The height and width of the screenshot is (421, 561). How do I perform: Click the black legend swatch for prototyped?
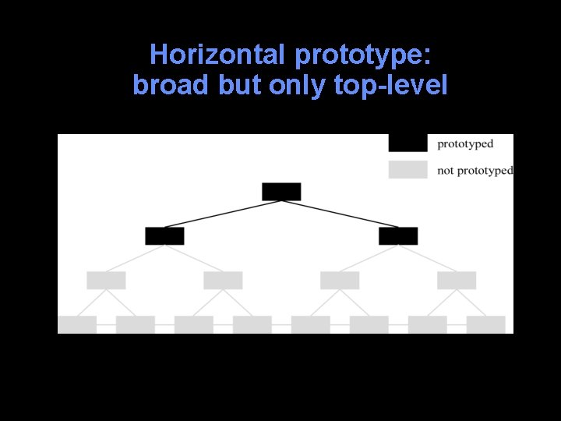click(408, 143)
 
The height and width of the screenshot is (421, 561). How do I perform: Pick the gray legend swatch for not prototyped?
click(408, 169)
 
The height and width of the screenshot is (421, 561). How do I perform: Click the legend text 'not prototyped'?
click(475, 170)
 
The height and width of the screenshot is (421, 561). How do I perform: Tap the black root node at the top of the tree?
click(281, 191)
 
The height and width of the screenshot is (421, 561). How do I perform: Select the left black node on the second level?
click(164, 235)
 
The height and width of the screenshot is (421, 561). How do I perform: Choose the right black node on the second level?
click(398, 235)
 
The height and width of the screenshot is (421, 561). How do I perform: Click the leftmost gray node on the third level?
click(106, 280)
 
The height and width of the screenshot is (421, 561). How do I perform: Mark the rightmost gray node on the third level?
click(457, 280)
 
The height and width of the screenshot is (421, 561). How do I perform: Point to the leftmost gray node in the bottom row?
click(77, 324)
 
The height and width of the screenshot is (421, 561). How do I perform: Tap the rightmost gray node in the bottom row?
click(485, 324)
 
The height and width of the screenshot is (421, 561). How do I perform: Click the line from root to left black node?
click(222, 214)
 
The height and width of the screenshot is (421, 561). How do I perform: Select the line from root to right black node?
click(340, 214)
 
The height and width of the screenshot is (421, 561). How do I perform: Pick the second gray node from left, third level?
click(223, 280)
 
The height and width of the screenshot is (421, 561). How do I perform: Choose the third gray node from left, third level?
click(340, 280)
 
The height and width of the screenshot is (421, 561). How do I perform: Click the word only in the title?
click(297, 85)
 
